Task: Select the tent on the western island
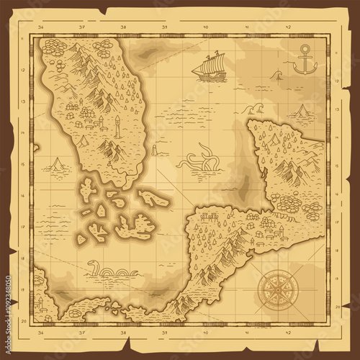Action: pyautogui.click(x=84, y=141)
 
